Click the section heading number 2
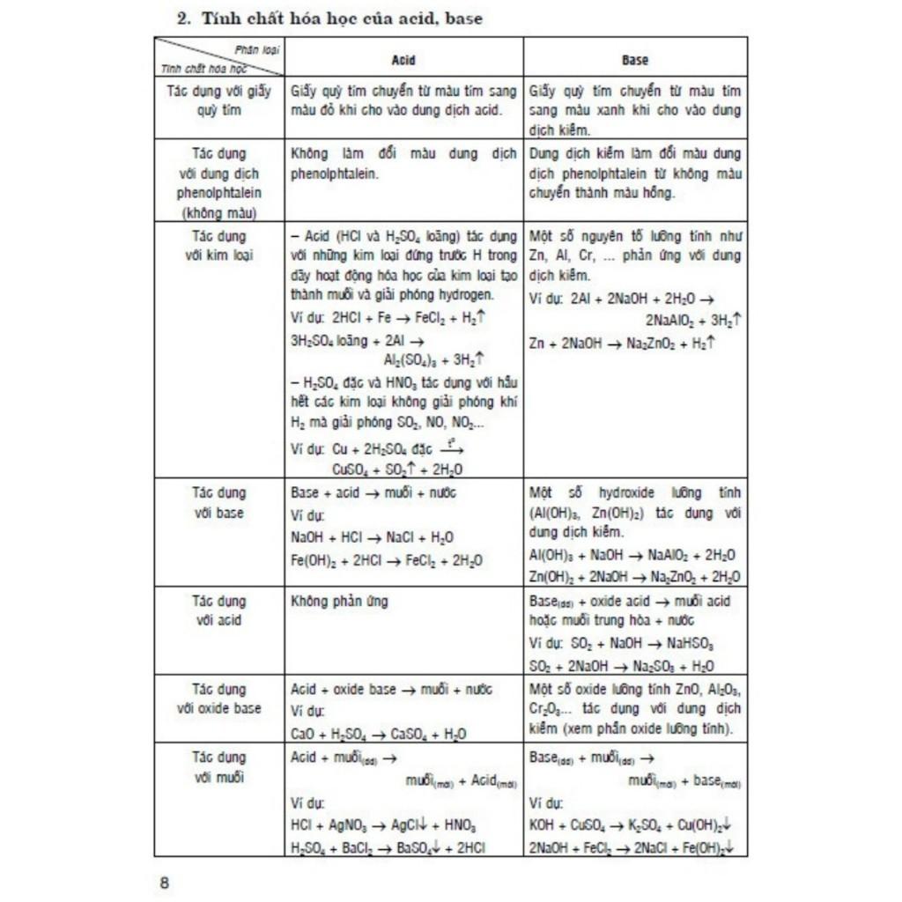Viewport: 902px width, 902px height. click(183, 18)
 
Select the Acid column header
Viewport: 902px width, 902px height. click(403, 60)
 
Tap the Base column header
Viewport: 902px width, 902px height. click(634, 60)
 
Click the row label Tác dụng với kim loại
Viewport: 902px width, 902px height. click(218, 246)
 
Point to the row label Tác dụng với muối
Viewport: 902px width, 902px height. click(218, 767)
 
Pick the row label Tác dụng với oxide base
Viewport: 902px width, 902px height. click(218, 699)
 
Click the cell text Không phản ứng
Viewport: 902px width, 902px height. click(339, 602)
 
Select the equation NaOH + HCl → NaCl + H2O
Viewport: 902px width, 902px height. click(373, 537)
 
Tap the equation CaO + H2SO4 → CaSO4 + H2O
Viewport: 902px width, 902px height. click(379, 734)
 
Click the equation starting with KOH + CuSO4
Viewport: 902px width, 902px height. click(632, 826)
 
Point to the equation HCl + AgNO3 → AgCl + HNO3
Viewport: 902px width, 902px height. click(383, 826)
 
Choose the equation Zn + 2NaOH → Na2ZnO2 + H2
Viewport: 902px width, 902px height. click(622, 344)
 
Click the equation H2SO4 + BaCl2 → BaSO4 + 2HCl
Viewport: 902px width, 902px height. click(388, 847)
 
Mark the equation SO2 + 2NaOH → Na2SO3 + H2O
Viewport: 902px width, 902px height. click(622, 666)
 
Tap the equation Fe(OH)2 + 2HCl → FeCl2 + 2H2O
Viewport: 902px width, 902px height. click(387, 560)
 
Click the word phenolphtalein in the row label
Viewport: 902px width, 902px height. click(218, 193)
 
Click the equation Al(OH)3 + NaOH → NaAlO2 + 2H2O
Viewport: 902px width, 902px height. click(632, 555)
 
